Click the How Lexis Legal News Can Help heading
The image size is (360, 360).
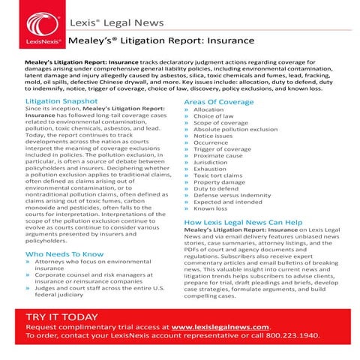click(243, 223)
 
